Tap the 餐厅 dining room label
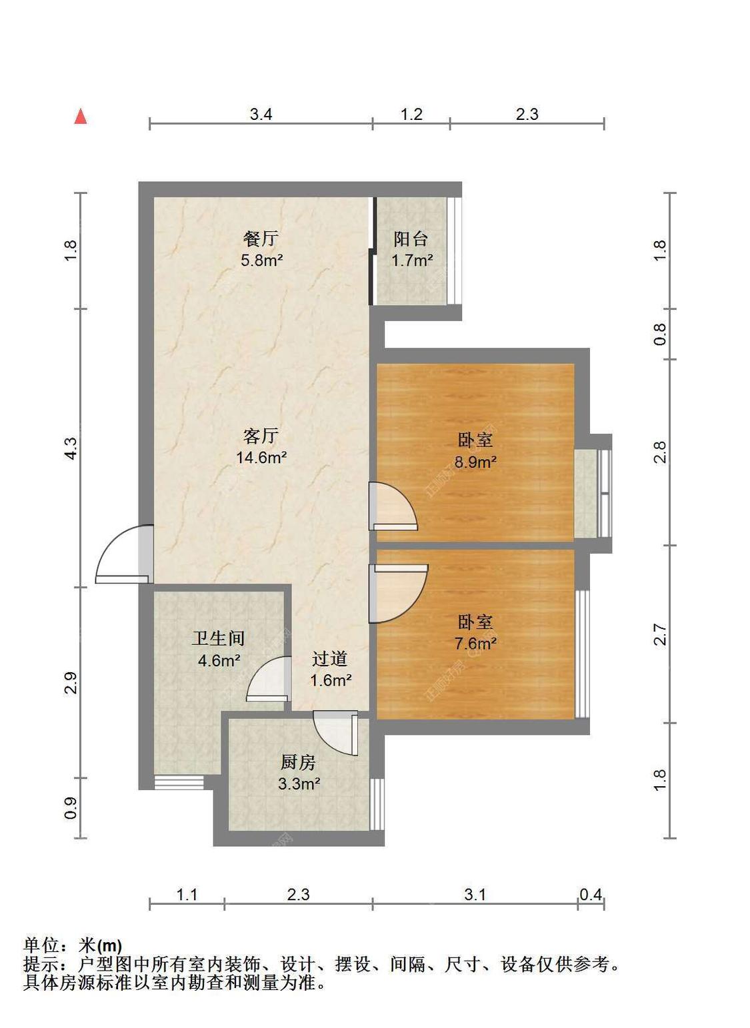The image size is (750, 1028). point(261,239)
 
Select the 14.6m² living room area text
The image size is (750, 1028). point(261,457)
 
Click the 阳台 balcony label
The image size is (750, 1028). point(411,239)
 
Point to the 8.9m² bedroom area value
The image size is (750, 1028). point(475,461)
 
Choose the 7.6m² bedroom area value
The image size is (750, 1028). point(475,643)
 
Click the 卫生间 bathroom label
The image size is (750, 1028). point(218,638)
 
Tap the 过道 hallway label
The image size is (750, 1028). point(330,658)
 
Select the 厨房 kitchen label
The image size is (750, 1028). point(299,762)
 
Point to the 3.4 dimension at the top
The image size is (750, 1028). point(261,114)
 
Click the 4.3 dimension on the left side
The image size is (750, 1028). point(71,448)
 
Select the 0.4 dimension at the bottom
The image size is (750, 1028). point(591,895)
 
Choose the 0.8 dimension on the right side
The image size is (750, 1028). point(659,334)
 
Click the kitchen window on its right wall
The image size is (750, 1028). point(377,804)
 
